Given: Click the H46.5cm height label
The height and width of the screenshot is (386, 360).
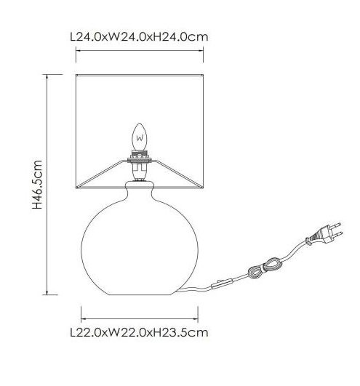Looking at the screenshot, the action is coord(37,185).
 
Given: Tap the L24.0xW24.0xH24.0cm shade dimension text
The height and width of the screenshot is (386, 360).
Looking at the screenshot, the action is coord(140,37).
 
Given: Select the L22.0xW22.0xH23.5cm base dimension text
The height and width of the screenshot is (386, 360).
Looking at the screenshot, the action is coord(140,333).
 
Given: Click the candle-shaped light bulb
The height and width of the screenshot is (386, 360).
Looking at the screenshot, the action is coord(140,137).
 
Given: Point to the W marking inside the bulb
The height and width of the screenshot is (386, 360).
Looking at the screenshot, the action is coord(140,138).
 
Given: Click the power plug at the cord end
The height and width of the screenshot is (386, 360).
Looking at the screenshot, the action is coord(324,234).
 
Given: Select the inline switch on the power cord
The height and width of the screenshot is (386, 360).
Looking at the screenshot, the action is coord(222,284).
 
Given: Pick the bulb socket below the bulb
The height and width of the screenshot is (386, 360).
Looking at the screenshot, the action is coord(140,166).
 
